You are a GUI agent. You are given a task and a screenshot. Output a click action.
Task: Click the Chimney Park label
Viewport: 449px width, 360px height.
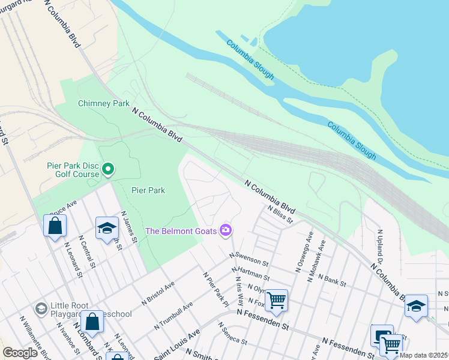104,103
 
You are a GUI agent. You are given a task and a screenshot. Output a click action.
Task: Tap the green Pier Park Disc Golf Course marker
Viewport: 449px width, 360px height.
108,169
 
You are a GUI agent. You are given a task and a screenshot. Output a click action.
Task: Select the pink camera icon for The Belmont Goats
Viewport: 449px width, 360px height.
226,230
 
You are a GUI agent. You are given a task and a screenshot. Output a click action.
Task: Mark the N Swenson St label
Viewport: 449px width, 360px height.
249,259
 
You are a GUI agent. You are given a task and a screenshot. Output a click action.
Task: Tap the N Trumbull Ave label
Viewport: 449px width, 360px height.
173,316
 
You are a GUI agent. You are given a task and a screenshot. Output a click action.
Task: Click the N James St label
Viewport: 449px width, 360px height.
129,226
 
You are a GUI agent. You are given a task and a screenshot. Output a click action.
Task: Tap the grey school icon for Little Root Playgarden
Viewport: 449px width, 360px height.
41,308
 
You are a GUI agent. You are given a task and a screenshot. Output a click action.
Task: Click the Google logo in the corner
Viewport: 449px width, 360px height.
20,353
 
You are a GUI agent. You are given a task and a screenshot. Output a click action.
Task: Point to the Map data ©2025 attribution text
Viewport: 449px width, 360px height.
424,355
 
